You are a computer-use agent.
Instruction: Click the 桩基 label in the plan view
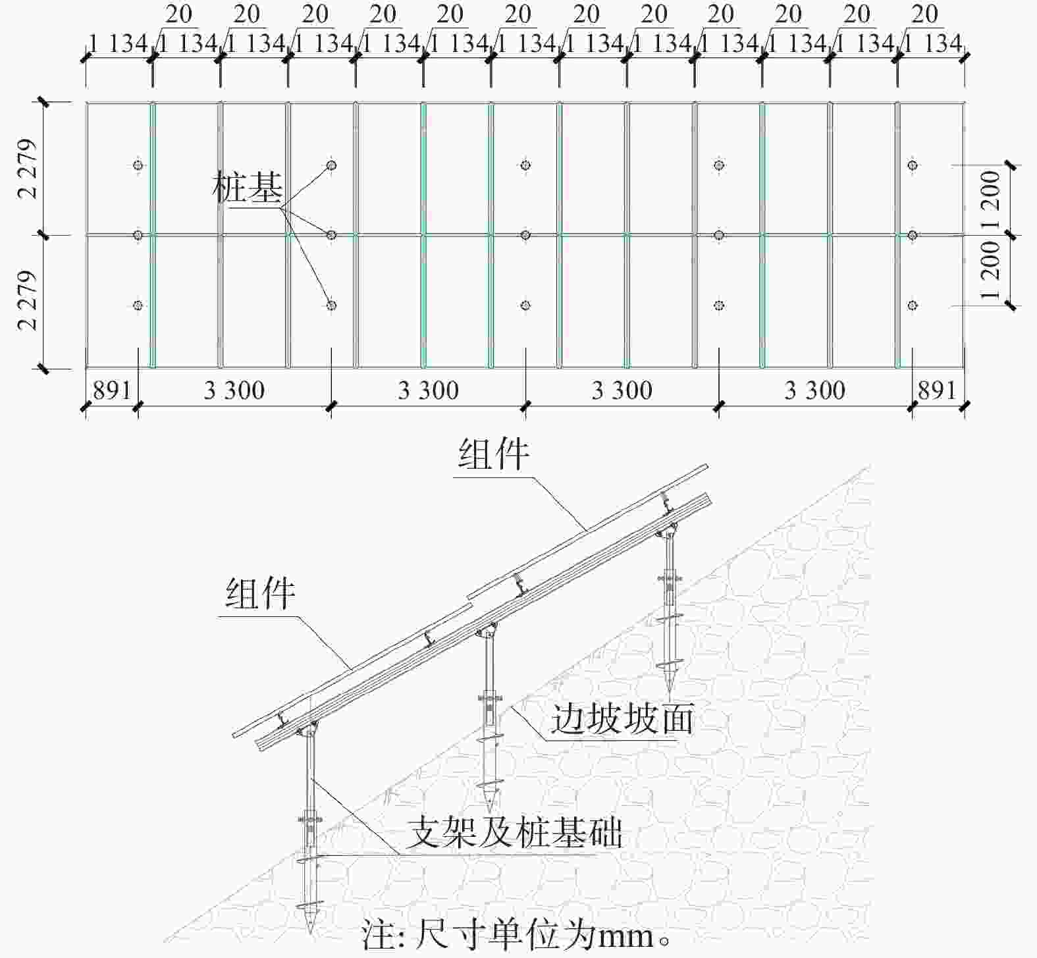tap(248, 187)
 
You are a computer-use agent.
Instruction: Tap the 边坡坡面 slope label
tap(622, 718)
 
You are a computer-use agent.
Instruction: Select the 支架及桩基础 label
tap(514, 833)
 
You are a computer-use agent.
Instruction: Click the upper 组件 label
tap(494, 454)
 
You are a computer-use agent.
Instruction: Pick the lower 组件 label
tap(261, 593)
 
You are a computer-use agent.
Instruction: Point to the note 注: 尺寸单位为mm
tap(517, 936)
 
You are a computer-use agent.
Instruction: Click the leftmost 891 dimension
tap(112, 390)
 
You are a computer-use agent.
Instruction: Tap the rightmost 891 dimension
tap(937, 390)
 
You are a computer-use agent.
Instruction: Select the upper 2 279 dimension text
tap(28, 169)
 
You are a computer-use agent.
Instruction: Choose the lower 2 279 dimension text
tap(28, 300)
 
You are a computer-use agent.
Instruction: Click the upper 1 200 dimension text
tap(990, 199)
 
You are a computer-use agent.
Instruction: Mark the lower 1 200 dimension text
tap(990, 269)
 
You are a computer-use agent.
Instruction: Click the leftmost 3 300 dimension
tap(234, 390)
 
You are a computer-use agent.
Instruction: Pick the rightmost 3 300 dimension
tap(815, 390)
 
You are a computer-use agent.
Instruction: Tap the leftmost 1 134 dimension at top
tap(118, 44)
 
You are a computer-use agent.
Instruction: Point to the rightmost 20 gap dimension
tap(925, 13)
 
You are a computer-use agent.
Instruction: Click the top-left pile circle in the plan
tap(138, 165)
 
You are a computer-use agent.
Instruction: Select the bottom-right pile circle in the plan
tap(913, 305)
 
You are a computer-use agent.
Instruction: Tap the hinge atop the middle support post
tap(487, 632)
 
